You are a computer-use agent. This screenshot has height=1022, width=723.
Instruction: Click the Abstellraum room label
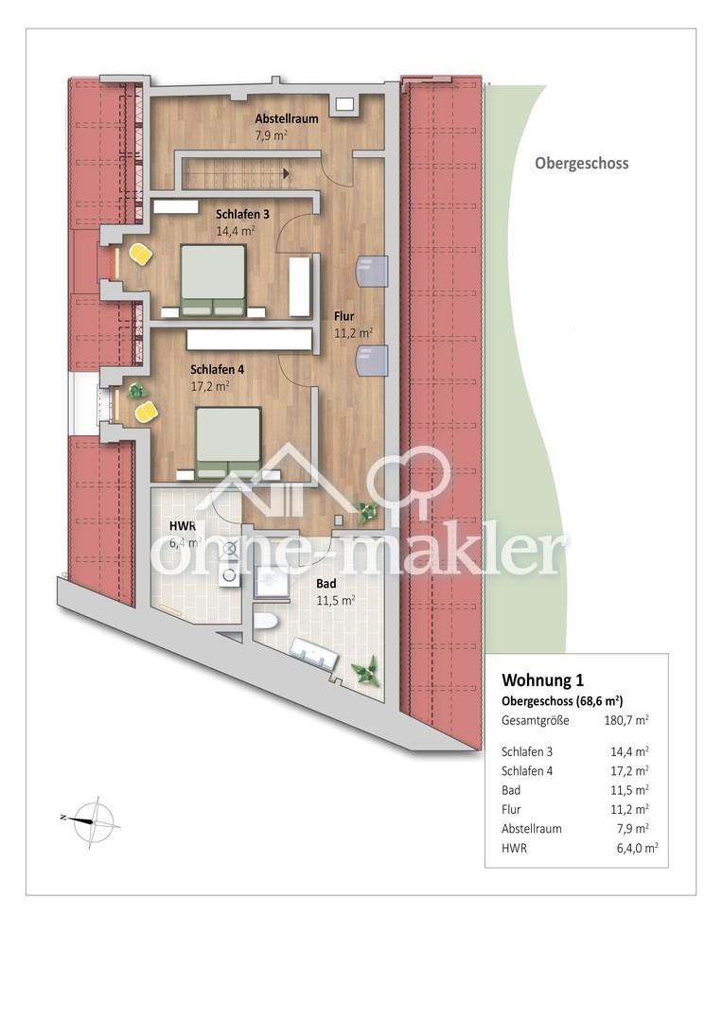point(287,118)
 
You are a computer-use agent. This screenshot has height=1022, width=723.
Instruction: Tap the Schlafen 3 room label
point(242,214)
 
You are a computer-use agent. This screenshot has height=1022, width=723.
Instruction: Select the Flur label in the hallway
point(344,317)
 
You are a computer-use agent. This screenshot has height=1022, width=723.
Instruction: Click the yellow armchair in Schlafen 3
point(140,254)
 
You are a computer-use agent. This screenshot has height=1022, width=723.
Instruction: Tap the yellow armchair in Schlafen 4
point(146,412)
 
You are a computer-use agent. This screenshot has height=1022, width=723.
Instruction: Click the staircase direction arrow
point(286,173)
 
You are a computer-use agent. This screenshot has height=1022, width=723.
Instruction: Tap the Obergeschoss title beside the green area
point(582,163)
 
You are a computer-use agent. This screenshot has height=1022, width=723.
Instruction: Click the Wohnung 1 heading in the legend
point(542,679)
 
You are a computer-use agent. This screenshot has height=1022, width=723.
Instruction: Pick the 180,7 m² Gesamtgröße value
point(626,720)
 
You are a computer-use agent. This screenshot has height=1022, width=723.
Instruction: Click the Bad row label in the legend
point(511,790)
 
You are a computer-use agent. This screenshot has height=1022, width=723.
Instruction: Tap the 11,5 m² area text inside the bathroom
point(336,600)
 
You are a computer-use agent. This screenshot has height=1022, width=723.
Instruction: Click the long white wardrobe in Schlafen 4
point(249,340)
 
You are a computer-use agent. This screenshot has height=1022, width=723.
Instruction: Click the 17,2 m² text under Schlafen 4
point(209,386)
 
